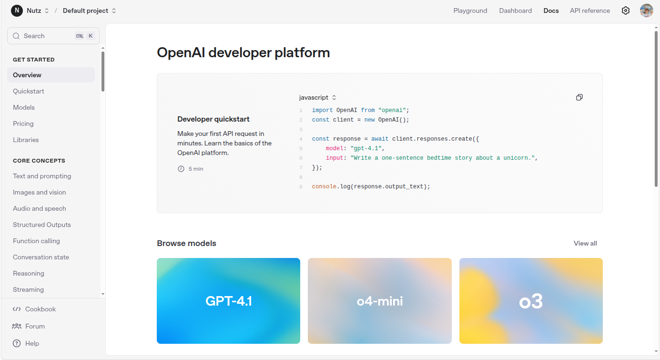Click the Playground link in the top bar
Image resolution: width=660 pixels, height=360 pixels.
pos(470,10)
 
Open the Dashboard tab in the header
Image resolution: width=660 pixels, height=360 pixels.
pos(515,10)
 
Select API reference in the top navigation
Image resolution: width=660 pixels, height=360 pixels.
pos(589,10)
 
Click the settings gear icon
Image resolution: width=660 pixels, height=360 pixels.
pos(626,10)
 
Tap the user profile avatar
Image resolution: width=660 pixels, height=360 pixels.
pos(647,10)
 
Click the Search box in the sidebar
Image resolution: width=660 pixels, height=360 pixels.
pos(53,36)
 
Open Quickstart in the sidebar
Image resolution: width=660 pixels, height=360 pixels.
pos(28,91)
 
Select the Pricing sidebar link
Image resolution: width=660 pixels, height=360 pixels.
pos(23,123)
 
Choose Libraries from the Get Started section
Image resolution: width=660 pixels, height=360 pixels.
pos(26,140)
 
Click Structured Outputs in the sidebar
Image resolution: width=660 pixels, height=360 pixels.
pos(42,225)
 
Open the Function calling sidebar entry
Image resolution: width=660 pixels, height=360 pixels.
pos(36,241)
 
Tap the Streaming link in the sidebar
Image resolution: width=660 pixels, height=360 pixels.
pos(28,289)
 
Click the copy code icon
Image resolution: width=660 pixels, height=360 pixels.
pos(579,97)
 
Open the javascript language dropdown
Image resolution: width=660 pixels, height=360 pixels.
pos(317,97)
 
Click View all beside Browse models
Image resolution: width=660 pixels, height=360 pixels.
pos(585,243)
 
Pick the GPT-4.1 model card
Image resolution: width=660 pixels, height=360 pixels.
pos(228,301)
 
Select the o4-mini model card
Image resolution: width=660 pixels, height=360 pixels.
pos(379,301)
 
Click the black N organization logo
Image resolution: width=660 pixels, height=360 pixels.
pos(17,10)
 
